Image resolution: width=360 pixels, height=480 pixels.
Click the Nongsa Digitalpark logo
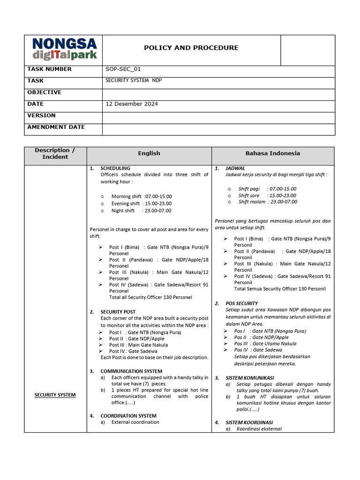point(64,49)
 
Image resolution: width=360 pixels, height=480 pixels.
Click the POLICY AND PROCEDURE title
point(191,48)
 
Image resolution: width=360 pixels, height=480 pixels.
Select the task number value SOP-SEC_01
point(123,69)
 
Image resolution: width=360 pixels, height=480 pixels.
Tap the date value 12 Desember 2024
point(132,104)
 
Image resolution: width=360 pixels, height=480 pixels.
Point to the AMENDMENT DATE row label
point(56,127)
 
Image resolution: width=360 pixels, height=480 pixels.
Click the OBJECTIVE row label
point(44,92)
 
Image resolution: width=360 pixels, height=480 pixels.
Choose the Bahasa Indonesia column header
point(273,153)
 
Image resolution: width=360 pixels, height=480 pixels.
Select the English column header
point(149,153)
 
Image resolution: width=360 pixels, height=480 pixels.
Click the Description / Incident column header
point(55,154)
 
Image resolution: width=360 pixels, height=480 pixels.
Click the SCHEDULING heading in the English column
point(115,168)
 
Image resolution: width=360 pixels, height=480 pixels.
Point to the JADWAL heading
point(235,168)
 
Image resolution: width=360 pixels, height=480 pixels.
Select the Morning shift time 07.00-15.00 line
point(142,196)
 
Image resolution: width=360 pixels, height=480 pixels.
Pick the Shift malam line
point(267,202)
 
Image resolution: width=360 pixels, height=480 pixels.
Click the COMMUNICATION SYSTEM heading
point(128,371)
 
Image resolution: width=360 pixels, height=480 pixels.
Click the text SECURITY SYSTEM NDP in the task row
point(134,81)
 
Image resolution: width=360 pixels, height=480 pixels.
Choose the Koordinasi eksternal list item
point(259,429)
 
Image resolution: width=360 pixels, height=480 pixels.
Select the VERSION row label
point(41,115)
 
